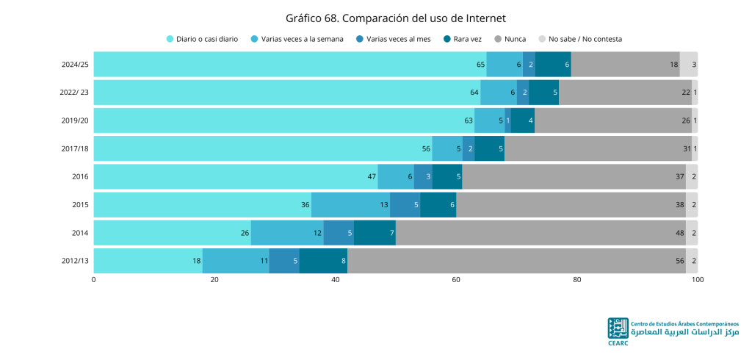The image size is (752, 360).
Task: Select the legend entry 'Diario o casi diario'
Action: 202,40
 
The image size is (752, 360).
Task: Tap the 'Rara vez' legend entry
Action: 463,40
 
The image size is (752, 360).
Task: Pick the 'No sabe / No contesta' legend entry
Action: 580,40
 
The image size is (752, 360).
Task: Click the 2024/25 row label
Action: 75,65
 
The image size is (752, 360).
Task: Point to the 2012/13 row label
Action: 75,261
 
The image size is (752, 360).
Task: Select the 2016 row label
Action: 81,176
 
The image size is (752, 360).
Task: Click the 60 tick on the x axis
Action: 456,280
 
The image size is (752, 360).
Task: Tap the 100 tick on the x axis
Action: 698,280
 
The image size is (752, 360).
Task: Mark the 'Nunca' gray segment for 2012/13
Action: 516,261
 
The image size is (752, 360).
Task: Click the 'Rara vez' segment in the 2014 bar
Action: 375,233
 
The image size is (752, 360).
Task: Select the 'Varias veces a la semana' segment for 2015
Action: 350,205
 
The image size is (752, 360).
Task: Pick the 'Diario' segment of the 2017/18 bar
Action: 263,149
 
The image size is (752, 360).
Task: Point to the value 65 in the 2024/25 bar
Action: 480,65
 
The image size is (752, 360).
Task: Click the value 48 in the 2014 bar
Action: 679,234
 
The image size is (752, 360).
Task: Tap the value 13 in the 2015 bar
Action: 384,205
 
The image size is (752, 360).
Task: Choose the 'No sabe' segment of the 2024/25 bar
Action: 689,65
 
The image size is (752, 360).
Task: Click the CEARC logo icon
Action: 618,328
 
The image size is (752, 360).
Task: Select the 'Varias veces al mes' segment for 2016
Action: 423,176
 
